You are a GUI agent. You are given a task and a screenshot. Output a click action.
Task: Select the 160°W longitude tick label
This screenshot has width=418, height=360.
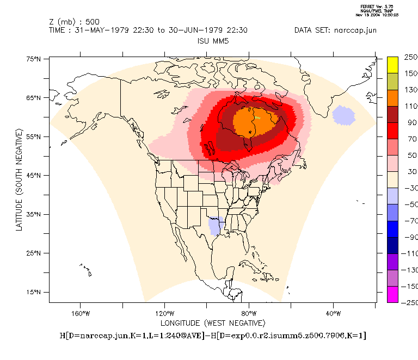click(x=80, y=313)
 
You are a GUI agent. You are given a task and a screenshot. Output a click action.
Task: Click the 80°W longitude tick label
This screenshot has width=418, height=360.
click(x=249, y=313)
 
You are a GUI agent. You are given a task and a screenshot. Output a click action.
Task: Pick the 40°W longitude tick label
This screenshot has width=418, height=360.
click(x=333, y=313)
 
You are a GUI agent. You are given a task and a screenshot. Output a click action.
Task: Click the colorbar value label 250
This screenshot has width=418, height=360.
click(x=410, y=57)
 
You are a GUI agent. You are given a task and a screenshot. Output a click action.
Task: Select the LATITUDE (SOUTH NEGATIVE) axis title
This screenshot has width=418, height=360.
click(x=19, y=179)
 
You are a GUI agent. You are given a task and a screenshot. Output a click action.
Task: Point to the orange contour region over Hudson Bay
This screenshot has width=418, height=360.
click(x=255, y=122)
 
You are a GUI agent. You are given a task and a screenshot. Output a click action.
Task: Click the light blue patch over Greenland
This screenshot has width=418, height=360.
click(x=343, y=115)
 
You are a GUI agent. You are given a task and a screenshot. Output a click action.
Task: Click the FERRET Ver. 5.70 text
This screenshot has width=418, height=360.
click(x=377, y=7)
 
